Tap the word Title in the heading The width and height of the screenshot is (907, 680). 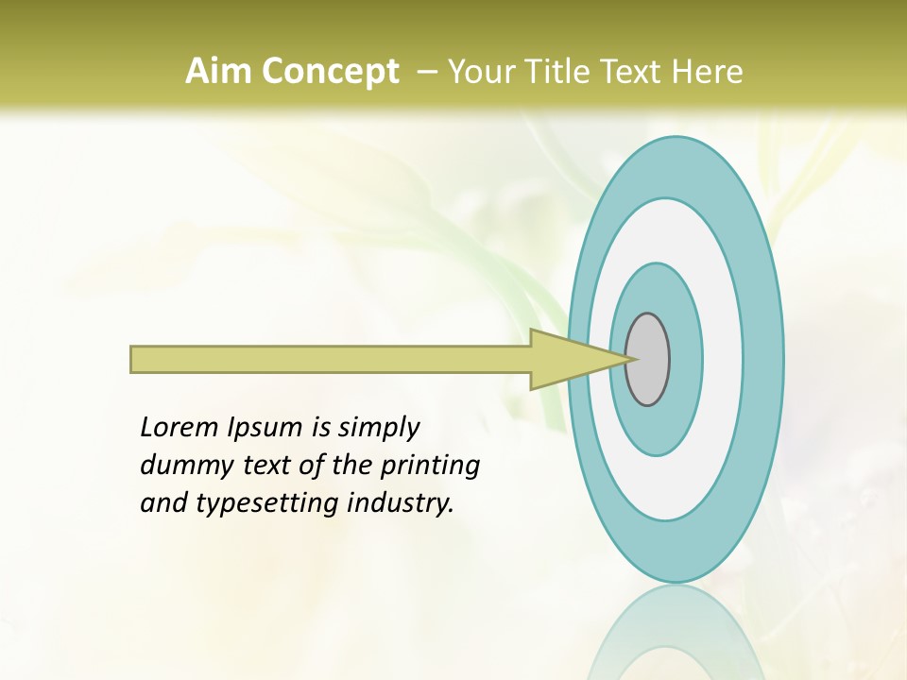point(557,72)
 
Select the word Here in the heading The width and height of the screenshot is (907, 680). point(707,72)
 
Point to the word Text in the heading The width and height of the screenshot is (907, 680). point(633,72)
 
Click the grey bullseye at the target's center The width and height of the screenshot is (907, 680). point(648,359)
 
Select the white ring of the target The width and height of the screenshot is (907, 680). point(723,359)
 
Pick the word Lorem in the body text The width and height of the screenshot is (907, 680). point(180,428)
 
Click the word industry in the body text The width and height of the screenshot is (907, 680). point(401,503)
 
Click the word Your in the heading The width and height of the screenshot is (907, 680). point(478,72)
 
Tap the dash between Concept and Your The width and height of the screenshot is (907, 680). point(426,72)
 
